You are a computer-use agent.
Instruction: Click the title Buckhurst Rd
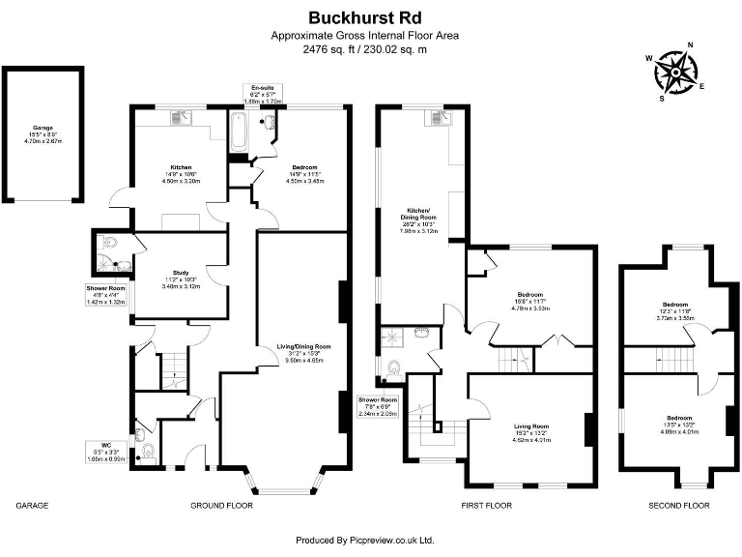(364, 16)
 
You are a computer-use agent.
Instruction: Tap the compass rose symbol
(675, 70)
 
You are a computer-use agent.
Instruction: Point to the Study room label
(181, 273)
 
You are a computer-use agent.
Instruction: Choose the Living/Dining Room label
(304, 346)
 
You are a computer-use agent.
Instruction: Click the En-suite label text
(261, 86)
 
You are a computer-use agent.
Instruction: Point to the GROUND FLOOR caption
(221, 506)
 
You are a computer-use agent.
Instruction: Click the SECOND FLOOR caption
(678, 506)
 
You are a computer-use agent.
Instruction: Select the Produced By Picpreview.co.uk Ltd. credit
(364, 540)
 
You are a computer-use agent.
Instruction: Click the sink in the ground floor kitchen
(180, 118)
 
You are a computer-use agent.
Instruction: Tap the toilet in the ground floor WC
(146, 450)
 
